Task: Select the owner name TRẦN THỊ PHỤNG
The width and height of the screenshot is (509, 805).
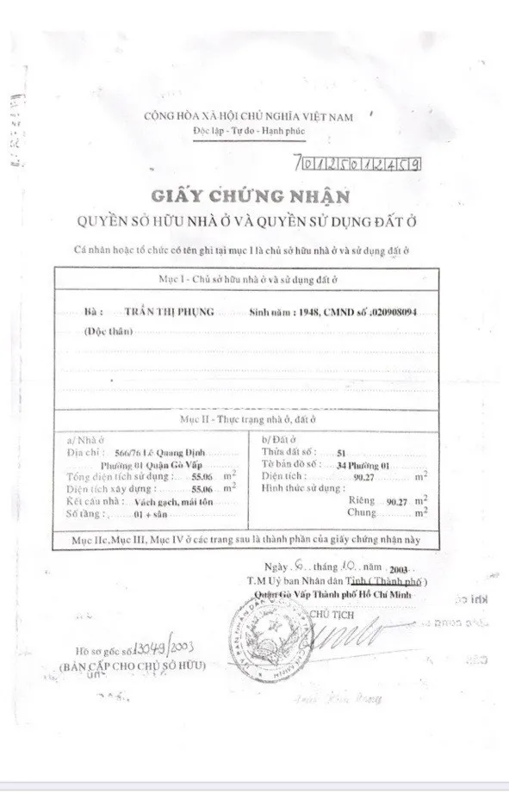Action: [169, 313]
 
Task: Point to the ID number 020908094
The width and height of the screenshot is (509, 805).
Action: [393, 313]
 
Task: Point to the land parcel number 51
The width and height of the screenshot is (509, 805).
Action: [342, 451]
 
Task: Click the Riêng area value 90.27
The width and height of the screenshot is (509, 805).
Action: [397, 500]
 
